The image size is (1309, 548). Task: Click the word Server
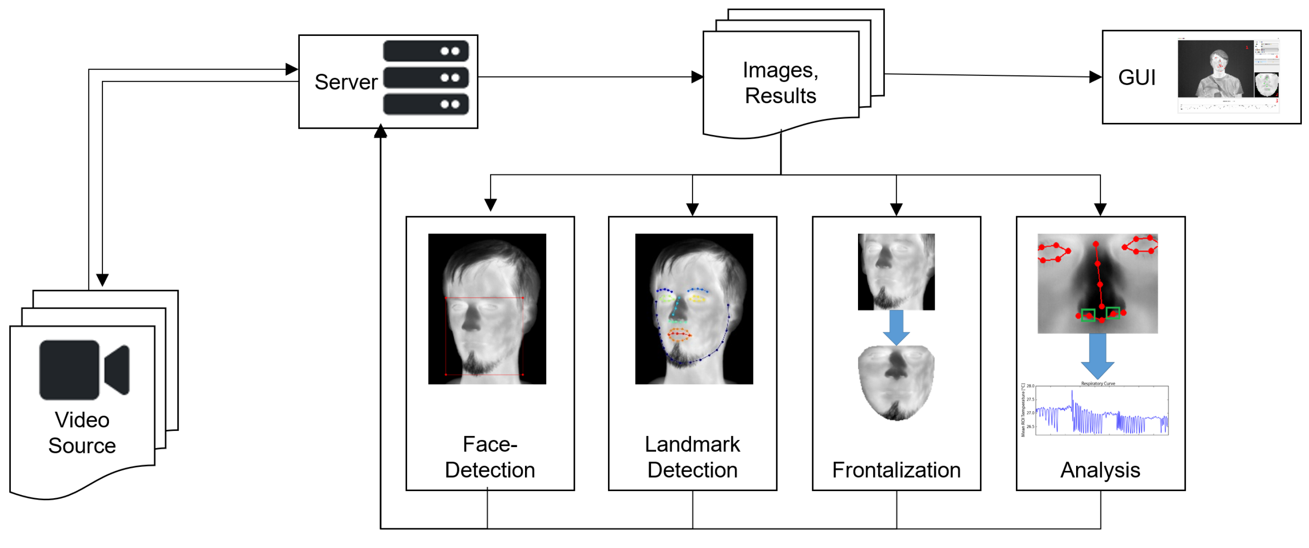tap(346, 82)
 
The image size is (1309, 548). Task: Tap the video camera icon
tap(84, 370)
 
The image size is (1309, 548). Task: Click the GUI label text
tap(1136, 78)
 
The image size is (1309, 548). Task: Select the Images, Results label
tap(780, 83)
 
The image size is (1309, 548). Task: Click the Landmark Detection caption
tap(692, 457)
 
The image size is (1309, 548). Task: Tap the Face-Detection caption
tap(490, 457)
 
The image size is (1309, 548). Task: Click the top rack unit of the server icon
tap(426, 51)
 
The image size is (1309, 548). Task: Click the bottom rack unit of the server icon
tap(426, 104)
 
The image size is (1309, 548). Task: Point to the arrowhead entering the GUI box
tap(1095, 77)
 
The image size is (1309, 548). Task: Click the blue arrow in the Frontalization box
tap(897, 327)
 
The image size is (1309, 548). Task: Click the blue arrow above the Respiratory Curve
tap(1098, 356)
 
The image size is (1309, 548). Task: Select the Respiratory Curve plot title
tap(1098, 383)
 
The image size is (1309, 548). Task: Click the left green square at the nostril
tap(1087, 315)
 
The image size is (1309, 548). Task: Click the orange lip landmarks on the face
tap(679, 334)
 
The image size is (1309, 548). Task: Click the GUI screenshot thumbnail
tap(1228, 75)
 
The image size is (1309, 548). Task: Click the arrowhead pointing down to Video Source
tap(102, 280)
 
